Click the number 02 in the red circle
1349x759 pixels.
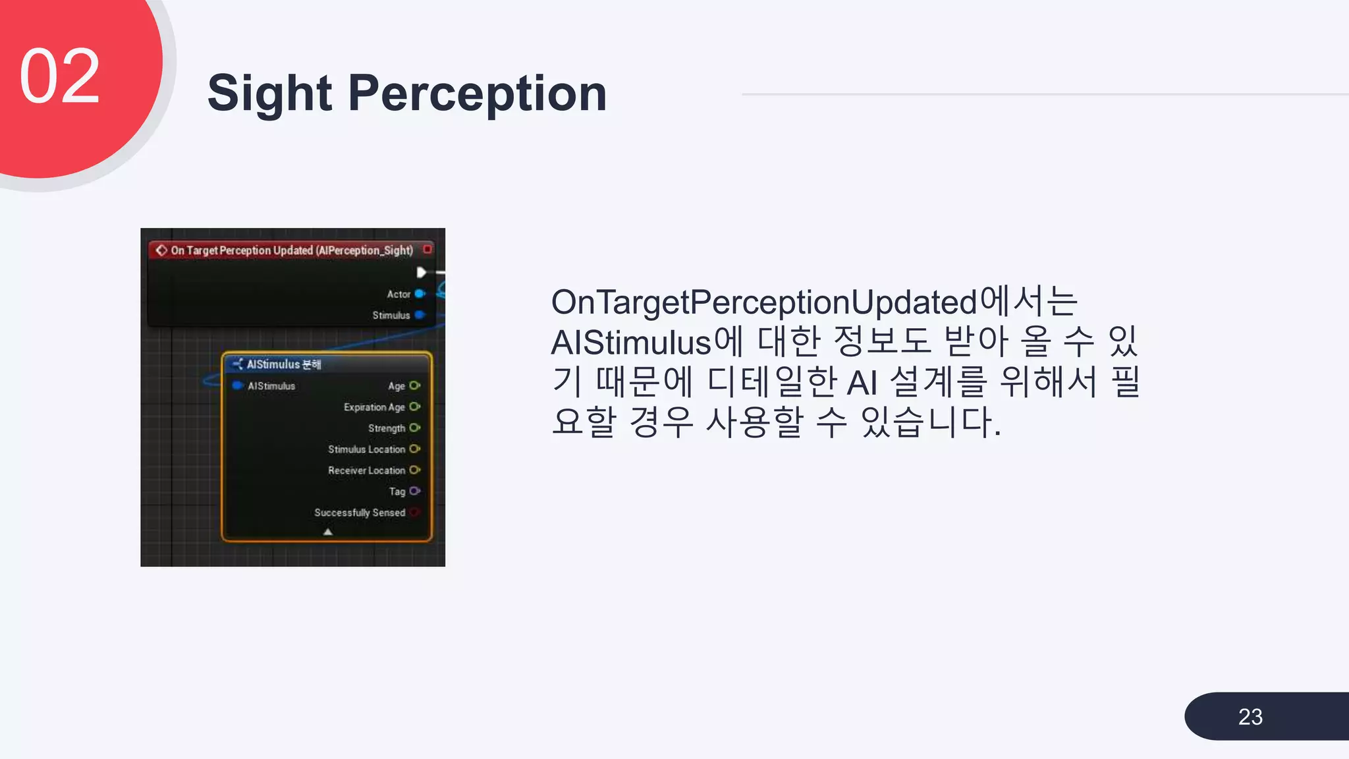point(60,76)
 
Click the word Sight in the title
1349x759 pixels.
point(269,94)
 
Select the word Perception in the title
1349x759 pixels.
point(477,94)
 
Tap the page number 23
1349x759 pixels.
point(1250,717)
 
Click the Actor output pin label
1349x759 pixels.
point(399,295)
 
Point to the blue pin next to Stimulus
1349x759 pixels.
point(420,315)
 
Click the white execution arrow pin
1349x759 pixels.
point(421,272)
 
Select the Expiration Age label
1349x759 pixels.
point(373,407)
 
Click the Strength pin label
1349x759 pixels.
point(386,428)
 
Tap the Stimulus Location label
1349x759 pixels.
point(366,449)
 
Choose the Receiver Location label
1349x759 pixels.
point(366,470)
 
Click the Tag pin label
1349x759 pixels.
point(397,492)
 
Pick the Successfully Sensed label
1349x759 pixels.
point(359,513)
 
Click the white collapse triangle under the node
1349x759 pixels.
point(327,532)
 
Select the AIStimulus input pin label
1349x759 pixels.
point(271,386)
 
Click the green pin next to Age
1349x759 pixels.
point(414,385)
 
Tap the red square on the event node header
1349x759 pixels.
point(427,249)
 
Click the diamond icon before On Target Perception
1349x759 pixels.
point(161,250)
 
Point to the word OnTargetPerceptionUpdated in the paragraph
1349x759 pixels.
point(764,302)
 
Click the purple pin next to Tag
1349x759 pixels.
point(414,491)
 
